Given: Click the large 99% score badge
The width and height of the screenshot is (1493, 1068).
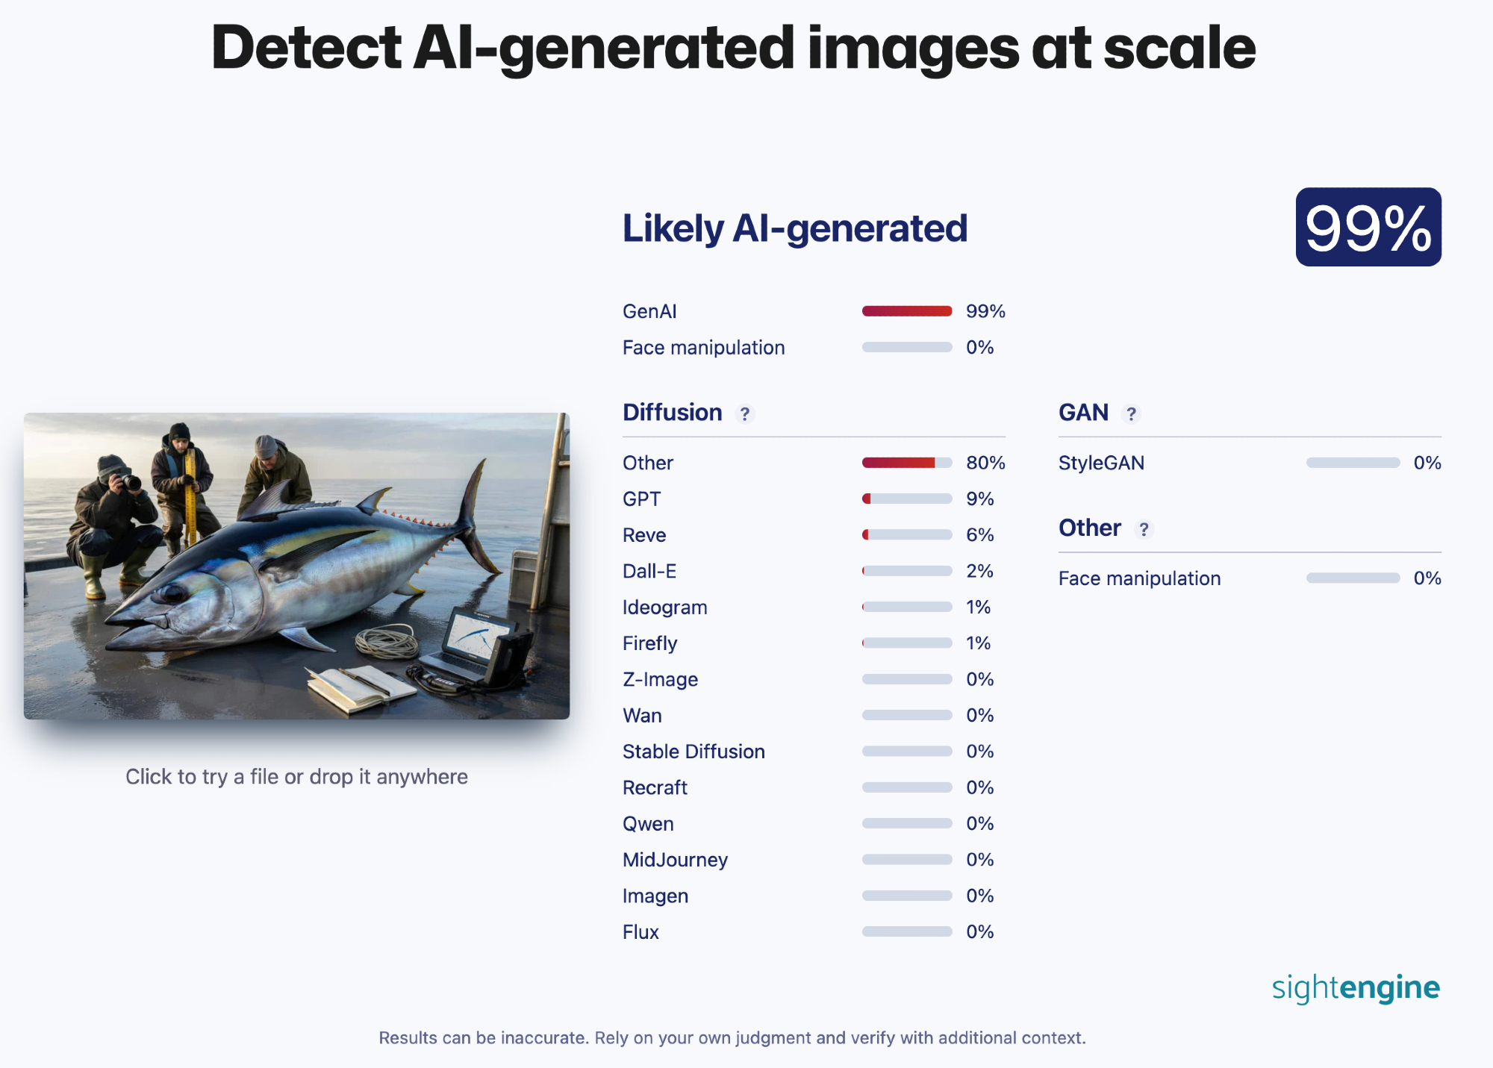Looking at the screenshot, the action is [x=1368, y=227].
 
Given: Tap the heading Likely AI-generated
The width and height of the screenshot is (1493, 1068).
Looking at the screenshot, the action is [x=795, y=228].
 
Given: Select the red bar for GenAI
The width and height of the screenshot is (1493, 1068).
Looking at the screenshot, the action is [x=907, y=311].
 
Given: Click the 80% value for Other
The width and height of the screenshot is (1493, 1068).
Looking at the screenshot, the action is [x=985, y=463].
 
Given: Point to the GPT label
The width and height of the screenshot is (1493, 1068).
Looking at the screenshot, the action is [x=642, y=499].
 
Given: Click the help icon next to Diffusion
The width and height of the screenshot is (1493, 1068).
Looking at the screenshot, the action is [x=744, y=413].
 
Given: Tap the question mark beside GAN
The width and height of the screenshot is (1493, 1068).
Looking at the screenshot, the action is [x=1132, y=413].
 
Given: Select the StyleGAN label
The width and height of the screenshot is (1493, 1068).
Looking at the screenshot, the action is [x=1101, y=463].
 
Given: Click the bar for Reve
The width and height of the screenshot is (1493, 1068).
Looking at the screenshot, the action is [x=907, y=534].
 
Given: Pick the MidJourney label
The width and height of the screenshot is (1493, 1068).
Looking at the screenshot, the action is [x=675, y=860].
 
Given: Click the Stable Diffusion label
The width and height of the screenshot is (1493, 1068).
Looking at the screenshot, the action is [x=693, y=752].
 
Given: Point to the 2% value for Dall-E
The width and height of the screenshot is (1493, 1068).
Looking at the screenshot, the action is [x=979, y=571].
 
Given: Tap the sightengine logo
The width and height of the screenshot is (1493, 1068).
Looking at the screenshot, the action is [x=1356, y=987].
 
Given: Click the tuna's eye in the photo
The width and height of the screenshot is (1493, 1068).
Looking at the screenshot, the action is [x=174, y=594].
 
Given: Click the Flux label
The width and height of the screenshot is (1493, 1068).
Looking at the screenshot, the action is [x=640, y=932].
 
